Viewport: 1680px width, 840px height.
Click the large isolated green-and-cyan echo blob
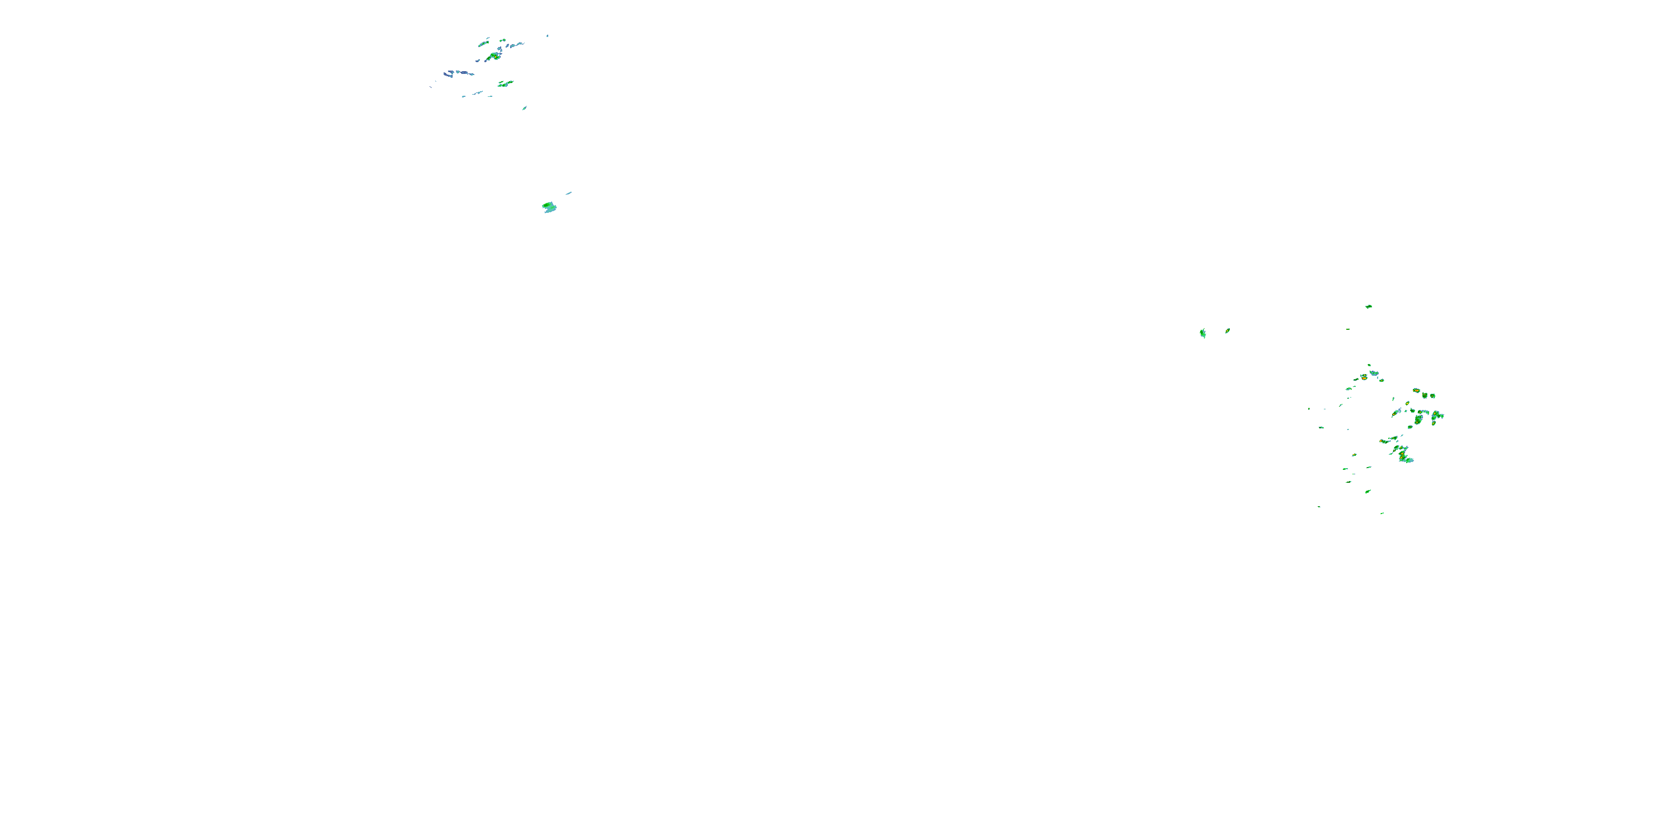coord(549,207)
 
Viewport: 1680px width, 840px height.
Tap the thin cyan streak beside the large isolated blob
coord(569,193)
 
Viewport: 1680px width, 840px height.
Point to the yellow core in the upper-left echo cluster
coord(496,57)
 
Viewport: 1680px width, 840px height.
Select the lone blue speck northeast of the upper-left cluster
coord(547,35)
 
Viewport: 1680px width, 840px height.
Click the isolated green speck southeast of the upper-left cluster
coord(524,108)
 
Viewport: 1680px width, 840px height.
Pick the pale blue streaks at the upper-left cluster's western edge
coord(450,73)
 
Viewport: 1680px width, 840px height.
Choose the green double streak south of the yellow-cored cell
coord(506,83)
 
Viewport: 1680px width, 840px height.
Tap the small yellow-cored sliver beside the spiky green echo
coord(1228,330)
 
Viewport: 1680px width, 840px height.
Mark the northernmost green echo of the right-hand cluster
coord(1368,306)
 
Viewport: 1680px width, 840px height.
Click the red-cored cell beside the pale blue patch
coord(1363,376)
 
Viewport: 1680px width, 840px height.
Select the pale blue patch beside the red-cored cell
coord(1374,374)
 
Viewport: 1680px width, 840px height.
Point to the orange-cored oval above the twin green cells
coord(1416,391)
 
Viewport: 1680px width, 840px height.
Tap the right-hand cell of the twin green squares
coord(1433,395)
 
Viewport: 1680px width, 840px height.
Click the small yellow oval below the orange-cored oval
coord(1407,404)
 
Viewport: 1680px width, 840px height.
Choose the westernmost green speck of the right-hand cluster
coord(1308,409)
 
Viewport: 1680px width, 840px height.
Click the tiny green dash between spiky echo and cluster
coord(1347,329)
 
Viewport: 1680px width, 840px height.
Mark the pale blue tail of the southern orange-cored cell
coord(1409,460)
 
